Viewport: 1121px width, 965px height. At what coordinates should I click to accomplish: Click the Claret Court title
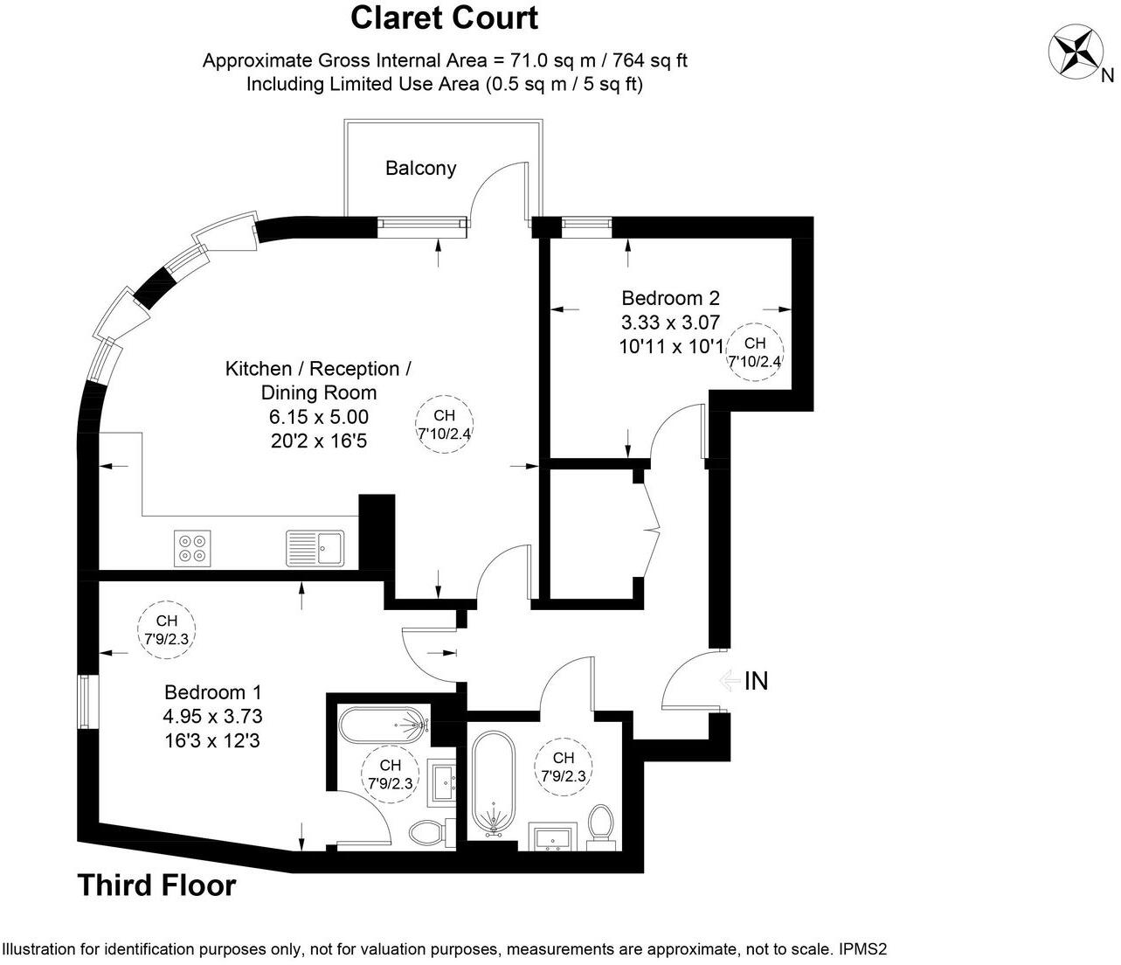click(x=444, y=17)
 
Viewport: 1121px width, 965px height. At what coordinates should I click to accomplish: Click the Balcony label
click(x=420, y=168)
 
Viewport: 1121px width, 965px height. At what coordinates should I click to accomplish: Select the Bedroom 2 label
click(x=670, y=298)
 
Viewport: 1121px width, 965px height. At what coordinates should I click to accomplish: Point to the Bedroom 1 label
click(x=213, y=692)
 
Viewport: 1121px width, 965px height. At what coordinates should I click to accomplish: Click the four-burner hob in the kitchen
click(x=192, y=547)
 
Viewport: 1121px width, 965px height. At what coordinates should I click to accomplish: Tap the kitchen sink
click(x=316, y=548)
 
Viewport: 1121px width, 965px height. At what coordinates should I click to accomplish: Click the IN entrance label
click(x=756, y=681)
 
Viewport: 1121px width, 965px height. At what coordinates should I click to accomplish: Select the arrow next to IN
click(x=727, y=681)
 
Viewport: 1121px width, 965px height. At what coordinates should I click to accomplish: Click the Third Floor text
click(x=157, y=885)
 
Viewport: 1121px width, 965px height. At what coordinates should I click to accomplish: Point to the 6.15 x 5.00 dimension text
click(x=318, y=417)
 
